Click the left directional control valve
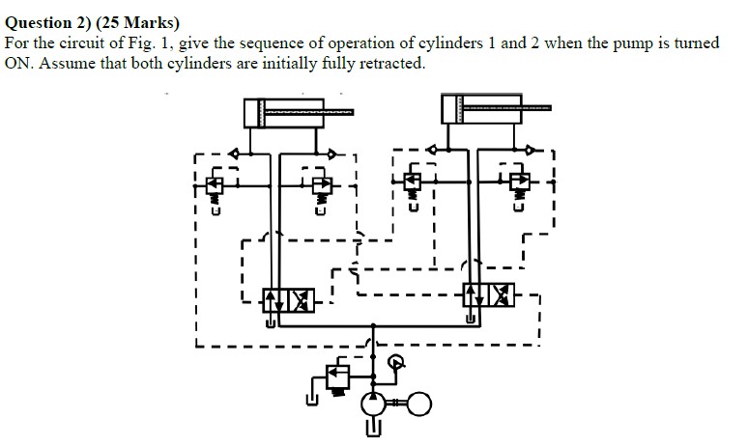tap(289, 299)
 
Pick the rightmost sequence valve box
tap(520, 180)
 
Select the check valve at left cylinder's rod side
tap(332, 153)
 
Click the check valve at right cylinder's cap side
tap(432, 149)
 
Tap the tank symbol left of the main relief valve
tap(311, 398)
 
